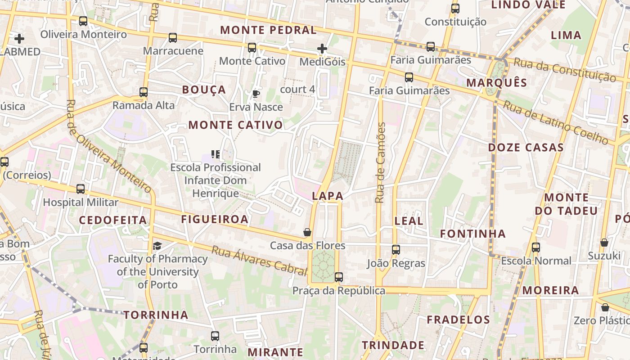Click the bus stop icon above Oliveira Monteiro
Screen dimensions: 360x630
click(83, 21)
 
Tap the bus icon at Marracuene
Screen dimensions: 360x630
click(173, 38)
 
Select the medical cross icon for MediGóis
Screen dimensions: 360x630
click(322, 49)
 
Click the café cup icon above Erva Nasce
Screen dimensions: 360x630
click(256, 94)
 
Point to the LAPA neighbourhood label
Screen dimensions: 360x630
click(328, 196)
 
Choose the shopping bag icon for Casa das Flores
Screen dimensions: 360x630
click(307, 232)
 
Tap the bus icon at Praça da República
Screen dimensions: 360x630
click(339, 277)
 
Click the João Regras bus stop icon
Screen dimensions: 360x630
click(396, 249)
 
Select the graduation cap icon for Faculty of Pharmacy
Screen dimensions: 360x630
click(157, 245)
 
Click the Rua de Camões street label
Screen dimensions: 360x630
click(381, 162)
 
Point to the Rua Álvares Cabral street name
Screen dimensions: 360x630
click(259, 261)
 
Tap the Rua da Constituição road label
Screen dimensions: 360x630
click(564, 70)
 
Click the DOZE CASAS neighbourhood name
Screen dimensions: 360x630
click(526, 148)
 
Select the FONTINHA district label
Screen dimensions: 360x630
click(473, 234)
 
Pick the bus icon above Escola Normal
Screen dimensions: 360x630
click(536, 247)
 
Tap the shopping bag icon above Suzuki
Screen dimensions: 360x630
click(604, 243)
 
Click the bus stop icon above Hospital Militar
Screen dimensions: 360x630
click(81, 189)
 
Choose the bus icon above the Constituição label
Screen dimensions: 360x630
click(455, 8)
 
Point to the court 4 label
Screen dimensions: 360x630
click(297, 89)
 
